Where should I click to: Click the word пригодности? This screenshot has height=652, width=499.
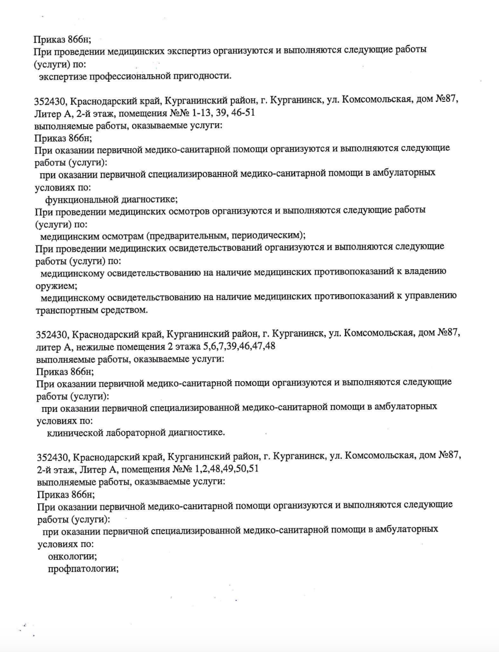pos(204,76)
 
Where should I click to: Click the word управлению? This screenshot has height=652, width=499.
pos(432,297)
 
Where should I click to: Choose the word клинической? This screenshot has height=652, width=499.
pos(78,433)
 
